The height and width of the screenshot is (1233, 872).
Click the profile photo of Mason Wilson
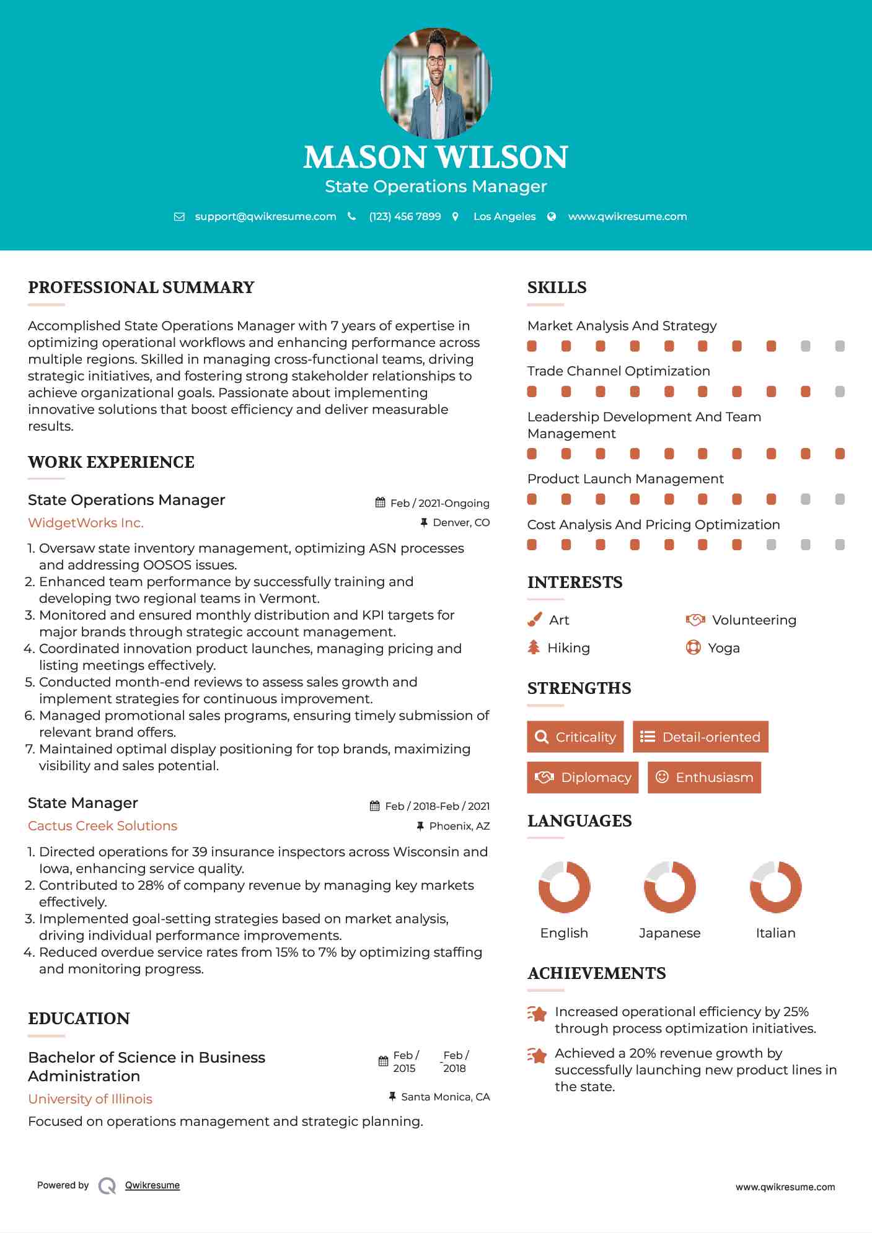tap(436, 82)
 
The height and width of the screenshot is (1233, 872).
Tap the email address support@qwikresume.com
tap(265, 216)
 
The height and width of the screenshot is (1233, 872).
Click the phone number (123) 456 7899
tap(405, 216)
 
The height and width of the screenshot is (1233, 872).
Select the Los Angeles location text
tap(504, 216)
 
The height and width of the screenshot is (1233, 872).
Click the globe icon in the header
tap(552, 216)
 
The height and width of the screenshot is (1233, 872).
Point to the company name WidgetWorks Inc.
tap(86, 522)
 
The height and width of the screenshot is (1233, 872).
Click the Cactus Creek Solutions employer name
tap(102, 825)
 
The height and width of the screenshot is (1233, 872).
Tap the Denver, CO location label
tap(460, 522)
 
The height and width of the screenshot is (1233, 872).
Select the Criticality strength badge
tap(575, 737)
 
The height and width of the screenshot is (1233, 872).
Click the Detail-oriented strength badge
tap(700, 737)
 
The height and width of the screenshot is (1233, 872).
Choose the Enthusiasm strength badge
tap(704, 777)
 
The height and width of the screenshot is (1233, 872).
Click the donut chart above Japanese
tap(669, 887)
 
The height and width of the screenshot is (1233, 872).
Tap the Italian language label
tap(775, 932)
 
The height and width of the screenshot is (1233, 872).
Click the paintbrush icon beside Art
tap(534, 620)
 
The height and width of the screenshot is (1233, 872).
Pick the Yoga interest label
tap(723, 647)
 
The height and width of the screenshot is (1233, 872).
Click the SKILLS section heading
tap(557, 287)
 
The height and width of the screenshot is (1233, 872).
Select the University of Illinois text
tap(90, 1099)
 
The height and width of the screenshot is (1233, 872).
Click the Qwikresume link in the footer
tap(152, 1185)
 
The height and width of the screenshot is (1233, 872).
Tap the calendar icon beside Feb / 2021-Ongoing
tap(380, 502)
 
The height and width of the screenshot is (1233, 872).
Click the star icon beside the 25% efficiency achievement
tap(537, 1014)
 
